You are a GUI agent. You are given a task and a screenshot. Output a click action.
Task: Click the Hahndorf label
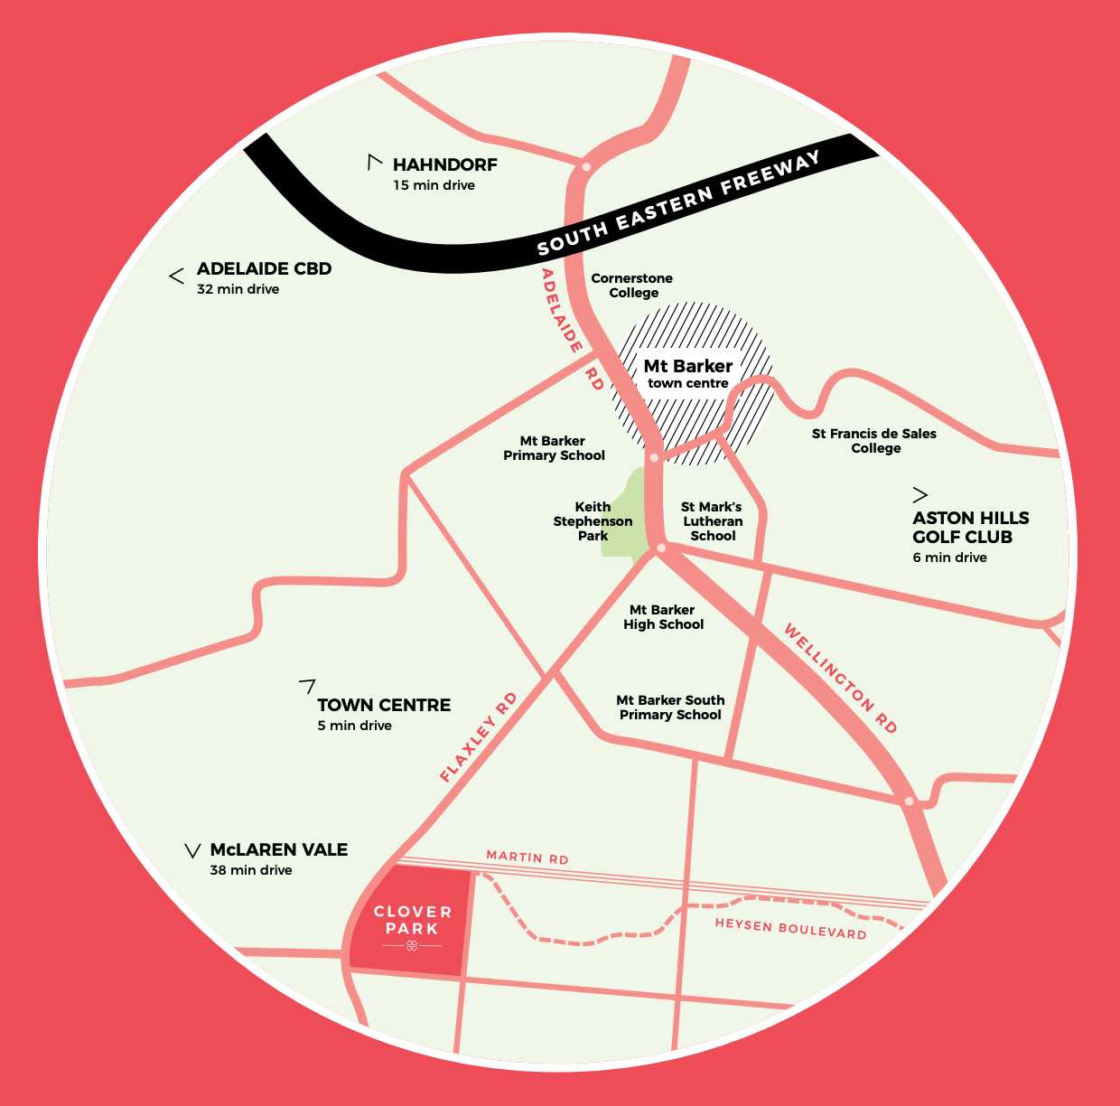(x=444, y=164)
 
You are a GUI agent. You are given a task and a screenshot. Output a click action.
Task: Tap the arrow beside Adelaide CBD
(x=177, y=276)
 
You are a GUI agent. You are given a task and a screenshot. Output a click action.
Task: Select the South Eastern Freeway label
(x=677, y=204)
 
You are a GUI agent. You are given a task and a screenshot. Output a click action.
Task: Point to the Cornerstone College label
(x=631, y=286)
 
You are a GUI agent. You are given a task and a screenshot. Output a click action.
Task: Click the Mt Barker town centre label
(x=687, y=373)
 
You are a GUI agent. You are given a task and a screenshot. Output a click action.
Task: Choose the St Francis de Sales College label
(x=873, y=441)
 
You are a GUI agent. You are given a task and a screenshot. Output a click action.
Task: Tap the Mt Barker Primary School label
(x=554, y=448)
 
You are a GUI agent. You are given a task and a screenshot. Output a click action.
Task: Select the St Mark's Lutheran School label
(x=712, y=521)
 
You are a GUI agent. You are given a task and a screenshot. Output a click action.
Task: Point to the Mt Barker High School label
(x=663, y=617)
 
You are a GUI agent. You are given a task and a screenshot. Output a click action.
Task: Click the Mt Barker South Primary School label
(x=670, y=708)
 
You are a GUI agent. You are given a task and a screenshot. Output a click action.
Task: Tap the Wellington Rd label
(x=840, y=678)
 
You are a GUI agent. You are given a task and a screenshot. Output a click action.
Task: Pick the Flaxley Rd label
(x=478, y=737)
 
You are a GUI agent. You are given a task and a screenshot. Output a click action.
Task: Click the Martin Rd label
(x=527, y=857)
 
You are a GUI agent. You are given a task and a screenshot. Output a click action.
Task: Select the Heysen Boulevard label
(x=790, y=928)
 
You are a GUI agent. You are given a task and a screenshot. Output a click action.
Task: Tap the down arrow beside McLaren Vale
(x=192, y=851)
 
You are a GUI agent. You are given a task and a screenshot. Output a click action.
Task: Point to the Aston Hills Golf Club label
(x=970, y=528)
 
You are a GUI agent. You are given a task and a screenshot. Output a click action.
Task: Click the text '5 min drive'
(x=354, y=726)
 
